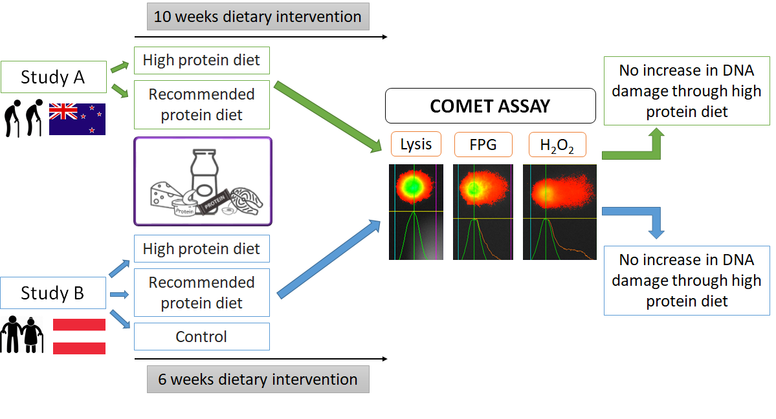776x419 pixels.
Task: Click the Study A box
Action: (x=53, y=78)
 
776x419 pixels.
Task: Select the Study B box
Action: (x=53, y=293)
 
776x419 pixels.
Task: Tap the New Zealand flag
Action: (x=77, y=119)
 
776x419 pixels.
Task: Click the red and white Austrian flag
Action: (x=79, y=336)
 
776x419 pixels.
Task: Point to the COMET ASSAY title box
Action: (x=490, y=106)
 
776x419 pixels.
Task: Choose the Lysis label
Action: (x=416, y=144)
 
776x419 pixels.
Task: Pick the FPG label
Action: (x=483, y=144)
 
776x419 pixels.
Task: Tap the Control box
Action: (x=201, y=337)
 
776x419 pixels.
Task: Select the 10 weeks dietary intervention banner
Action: (x=258, y=17)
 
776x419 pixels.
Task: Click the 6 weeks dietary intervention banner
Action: (x=258, y=379)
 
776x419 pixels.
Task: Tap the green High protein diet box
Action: (x=201, y=60)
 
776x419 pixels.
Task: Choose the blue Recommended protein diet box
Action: (x=201, y=293)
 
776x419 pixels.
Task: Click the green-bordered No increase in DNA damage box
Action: (x=687, y=91)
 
